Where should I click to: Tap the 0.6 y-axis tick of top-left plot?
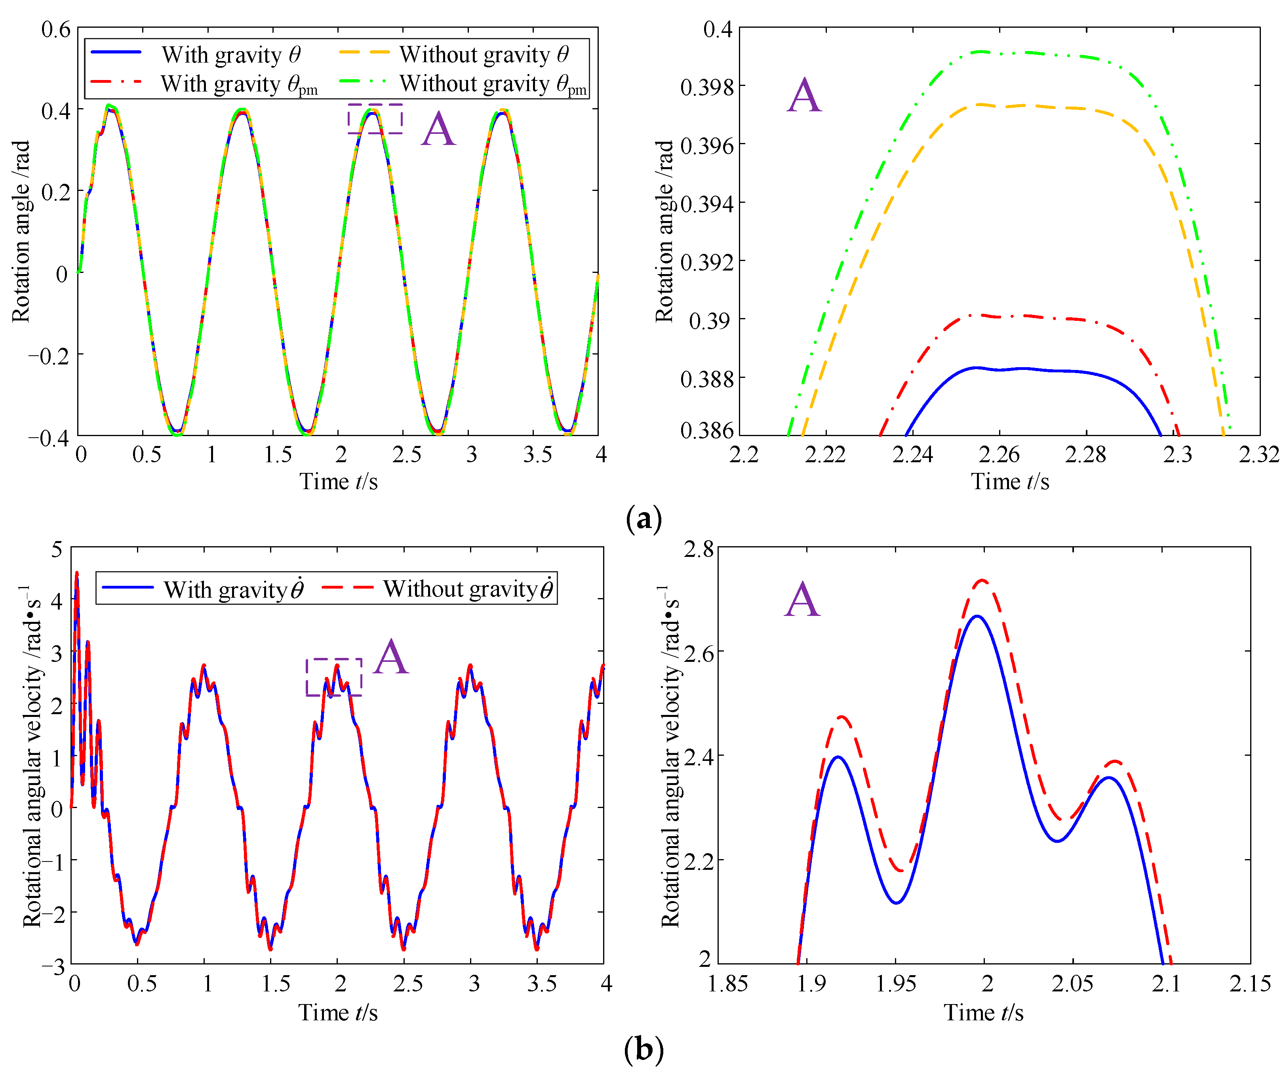point(56,29)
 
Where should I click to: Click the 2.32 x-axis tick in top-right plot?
point(1259,454)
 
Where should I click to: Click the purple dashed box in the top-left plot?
point(375,118)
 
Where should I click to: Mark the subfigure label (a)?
point(643,519)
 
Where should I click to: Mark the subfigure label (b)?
point(643,1049)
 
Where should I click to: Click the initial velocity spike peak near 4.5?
point(76,573)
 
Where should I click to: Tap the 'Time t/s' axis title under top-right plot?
point(1009,482)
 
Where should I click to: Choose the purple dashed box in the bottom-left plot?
point(334,677)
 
